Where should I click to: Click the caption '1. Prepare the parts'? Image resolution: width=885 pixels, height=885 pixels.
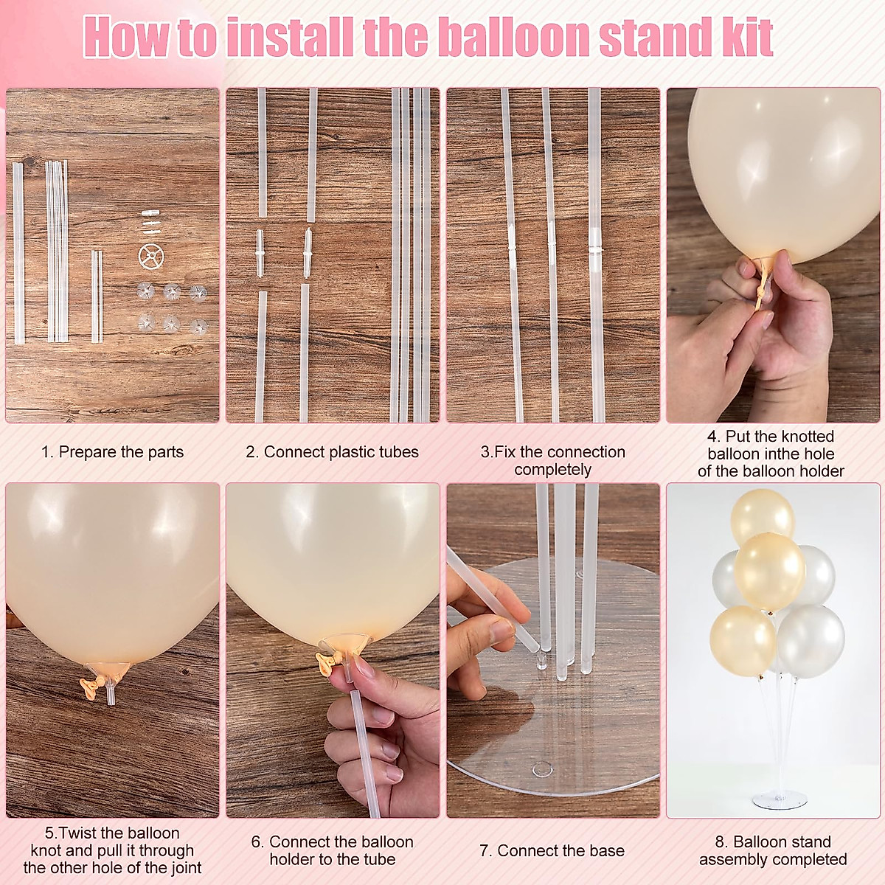tap(112, 452)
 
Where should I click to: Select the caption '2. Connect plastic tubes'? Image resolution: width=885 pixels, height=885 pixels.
tap(332, 452)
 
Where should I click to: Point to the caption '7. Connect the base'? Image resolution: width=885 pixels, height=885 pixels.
tap(552, 850)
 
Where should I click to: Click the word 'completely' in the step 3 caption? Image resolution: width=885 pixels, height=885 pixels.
tap(552, 470)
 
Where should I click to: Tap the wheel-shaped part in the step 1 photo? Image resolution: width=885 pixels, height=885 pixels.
tap(150, 257)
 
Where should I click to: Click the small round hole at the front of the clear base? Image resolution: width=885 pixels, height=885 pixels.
tap(542, 769)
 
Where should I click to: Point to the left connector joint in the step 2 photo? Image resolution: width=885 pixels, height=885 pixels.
tap(260, 252)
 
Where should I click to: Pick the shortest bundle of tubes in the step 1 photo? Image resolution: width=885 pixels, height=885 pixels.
tap(97, 296)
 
